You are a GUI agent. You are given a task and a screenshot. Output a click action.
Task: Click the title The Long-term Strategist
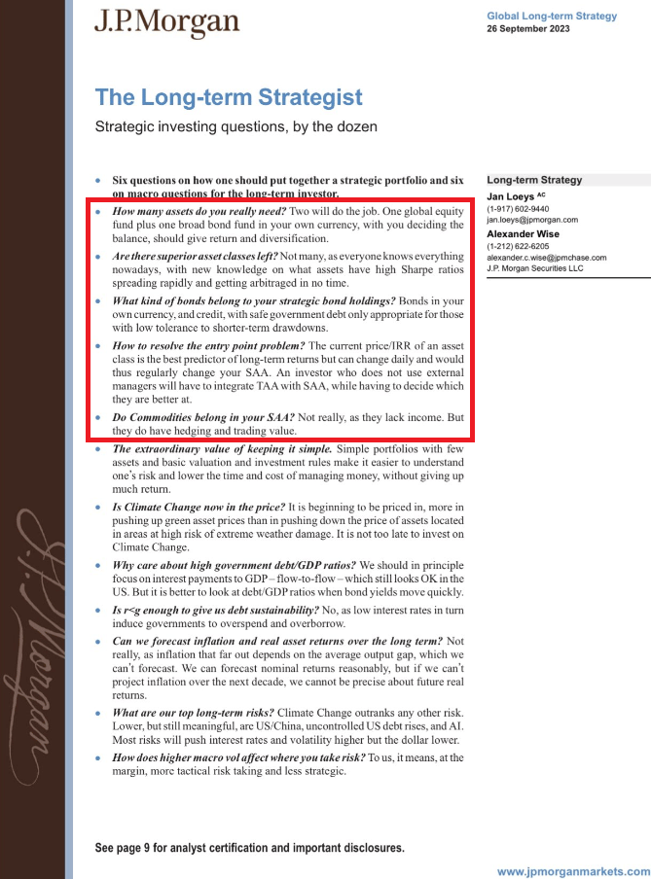coord(229,97)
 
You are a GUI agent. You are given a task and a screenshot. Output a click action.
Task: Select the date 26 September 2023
coord(528,28)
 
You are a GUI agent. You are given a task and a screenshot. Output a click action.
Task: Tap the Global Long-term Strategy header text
coord(552,16)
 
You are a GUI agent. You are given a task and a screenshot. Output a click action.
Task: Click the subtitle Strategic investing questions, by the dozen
coord(235,126)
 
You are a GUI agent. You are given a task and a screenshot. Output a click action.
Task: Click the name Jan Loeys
coord(511,196)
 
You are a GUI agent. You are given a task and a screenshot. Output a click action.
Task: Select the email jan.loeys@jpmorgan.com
coord(532,220)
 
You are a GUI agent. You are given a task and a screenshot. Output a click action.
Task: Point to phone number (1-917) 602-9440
coord(518,208)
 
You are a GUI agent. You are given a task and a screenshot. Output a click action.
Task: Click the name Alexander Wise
coord(525,233)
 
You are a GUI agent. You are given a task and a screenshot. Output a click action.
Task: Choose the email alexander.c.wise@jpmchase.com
coord(546,258)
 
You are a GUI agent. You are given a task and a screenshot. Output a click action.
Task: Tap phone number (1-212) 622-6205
coord(518,246)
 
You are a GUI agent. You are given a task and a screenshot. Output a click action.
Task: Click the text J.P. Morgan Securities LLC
coord(535,269)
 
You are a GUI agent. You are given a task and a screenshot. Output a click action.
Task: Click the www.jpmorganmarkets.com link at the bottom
coord(573,871)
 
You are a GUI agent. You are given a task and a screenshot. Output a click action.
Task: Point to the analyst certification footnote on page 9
coord(250,848)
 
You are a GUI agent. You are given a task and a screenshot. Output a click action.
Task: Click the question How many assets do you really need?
coord(199,211)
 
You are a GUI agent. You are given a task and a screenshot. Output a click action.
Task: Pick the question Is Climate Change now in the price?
coord(199,508)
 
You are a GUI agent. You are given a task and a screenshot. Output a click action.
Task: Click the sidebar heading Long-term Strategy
coord(534,180)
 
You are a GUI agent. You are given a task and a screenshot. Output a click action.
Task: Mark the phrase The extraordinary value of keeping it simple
coord(223,449)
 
